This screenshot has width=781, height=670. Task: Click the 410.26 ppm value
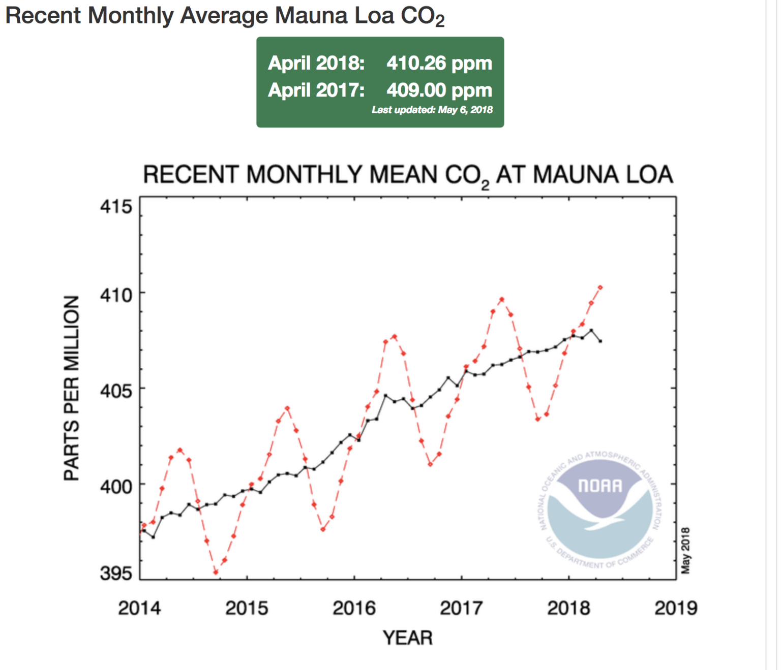click(x=439, y=63)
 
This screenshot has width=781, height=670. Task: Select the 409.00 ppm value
click(x=439, y=90)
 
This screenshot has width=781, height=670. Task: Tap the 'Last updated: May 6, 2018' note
click(x=432, y=110)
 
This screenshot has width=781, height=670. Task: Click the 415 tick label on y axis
click(x=116, y=207)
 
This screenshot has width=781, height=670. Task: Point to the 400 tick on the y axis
click(x=116, y=487)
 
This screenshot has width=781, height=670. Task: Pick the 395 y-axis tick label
click(x=116, y=573)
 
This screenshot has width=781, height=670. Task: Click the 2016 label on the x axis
click(x=354, y=608)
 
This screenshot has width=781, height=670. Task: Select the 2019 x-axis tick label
click(x=676, y=608)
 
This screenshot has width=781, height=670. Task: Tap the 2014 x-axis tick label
click(x=139, y=608)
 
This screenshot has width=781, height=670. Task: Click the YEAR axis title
click(x=407, y=638)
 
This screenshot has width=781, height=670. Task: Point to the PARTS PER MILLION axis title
click(x=72, y=388)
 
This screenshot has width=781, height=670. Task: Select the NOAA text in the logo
click(x=600, y=486)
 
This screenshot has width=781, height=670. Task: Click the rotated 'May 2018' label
click(x=686, y=551)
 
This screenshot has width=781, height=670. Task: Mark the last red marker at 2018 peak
click(x=600, y=288)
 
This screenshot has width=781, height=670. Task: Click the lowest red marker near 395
click(x=216, y=572)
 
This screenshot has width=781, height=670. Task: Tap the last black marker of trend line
click(x=600, y=341)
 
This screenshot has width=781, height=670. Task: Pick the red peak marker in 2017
click(x=502, y=299)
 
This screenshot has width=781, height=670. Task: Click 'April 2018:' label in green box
click(x=316, y=63)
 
